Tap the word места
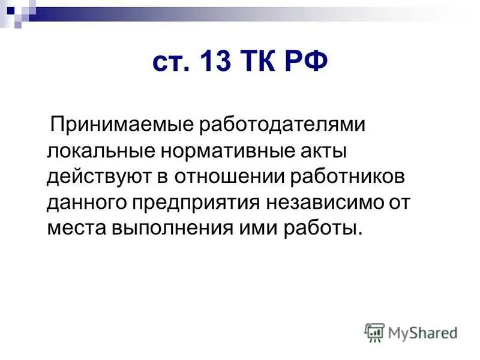76,229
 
